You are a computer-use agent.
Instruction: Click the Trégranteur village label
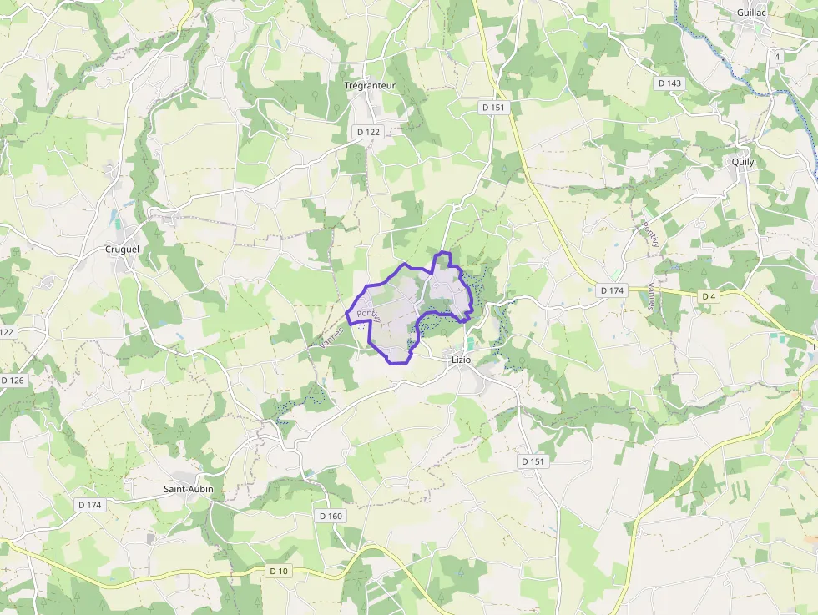370,85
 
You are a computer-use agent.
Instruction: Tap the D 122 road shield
368,132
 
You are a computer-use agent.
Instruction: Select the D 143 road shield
669,83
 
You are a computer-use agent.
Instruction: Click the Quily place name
742,162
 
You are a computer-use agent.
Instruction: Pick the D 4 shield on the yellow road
709,296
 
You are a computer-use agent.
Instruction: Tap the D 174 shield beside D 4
612,290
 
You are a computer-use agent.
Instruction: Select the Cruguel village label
123,249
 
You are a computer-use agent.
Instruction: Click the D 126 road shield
13,381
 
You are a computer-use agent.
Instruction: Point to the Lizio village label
461,359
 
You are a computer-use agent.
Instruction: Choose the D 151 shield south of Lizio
533,461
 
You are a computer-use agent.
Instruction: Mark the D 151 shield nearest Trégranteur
494,108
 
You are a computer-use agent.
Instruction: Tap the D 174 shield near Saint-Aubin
89,505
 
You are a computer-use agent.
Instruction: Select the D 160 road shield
331,516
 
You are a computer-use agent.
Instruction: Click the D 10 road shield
279,571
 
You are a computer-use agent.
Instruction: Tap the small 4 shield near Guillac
777,57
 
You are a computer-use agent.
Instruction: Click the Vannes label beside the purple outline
331,337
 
